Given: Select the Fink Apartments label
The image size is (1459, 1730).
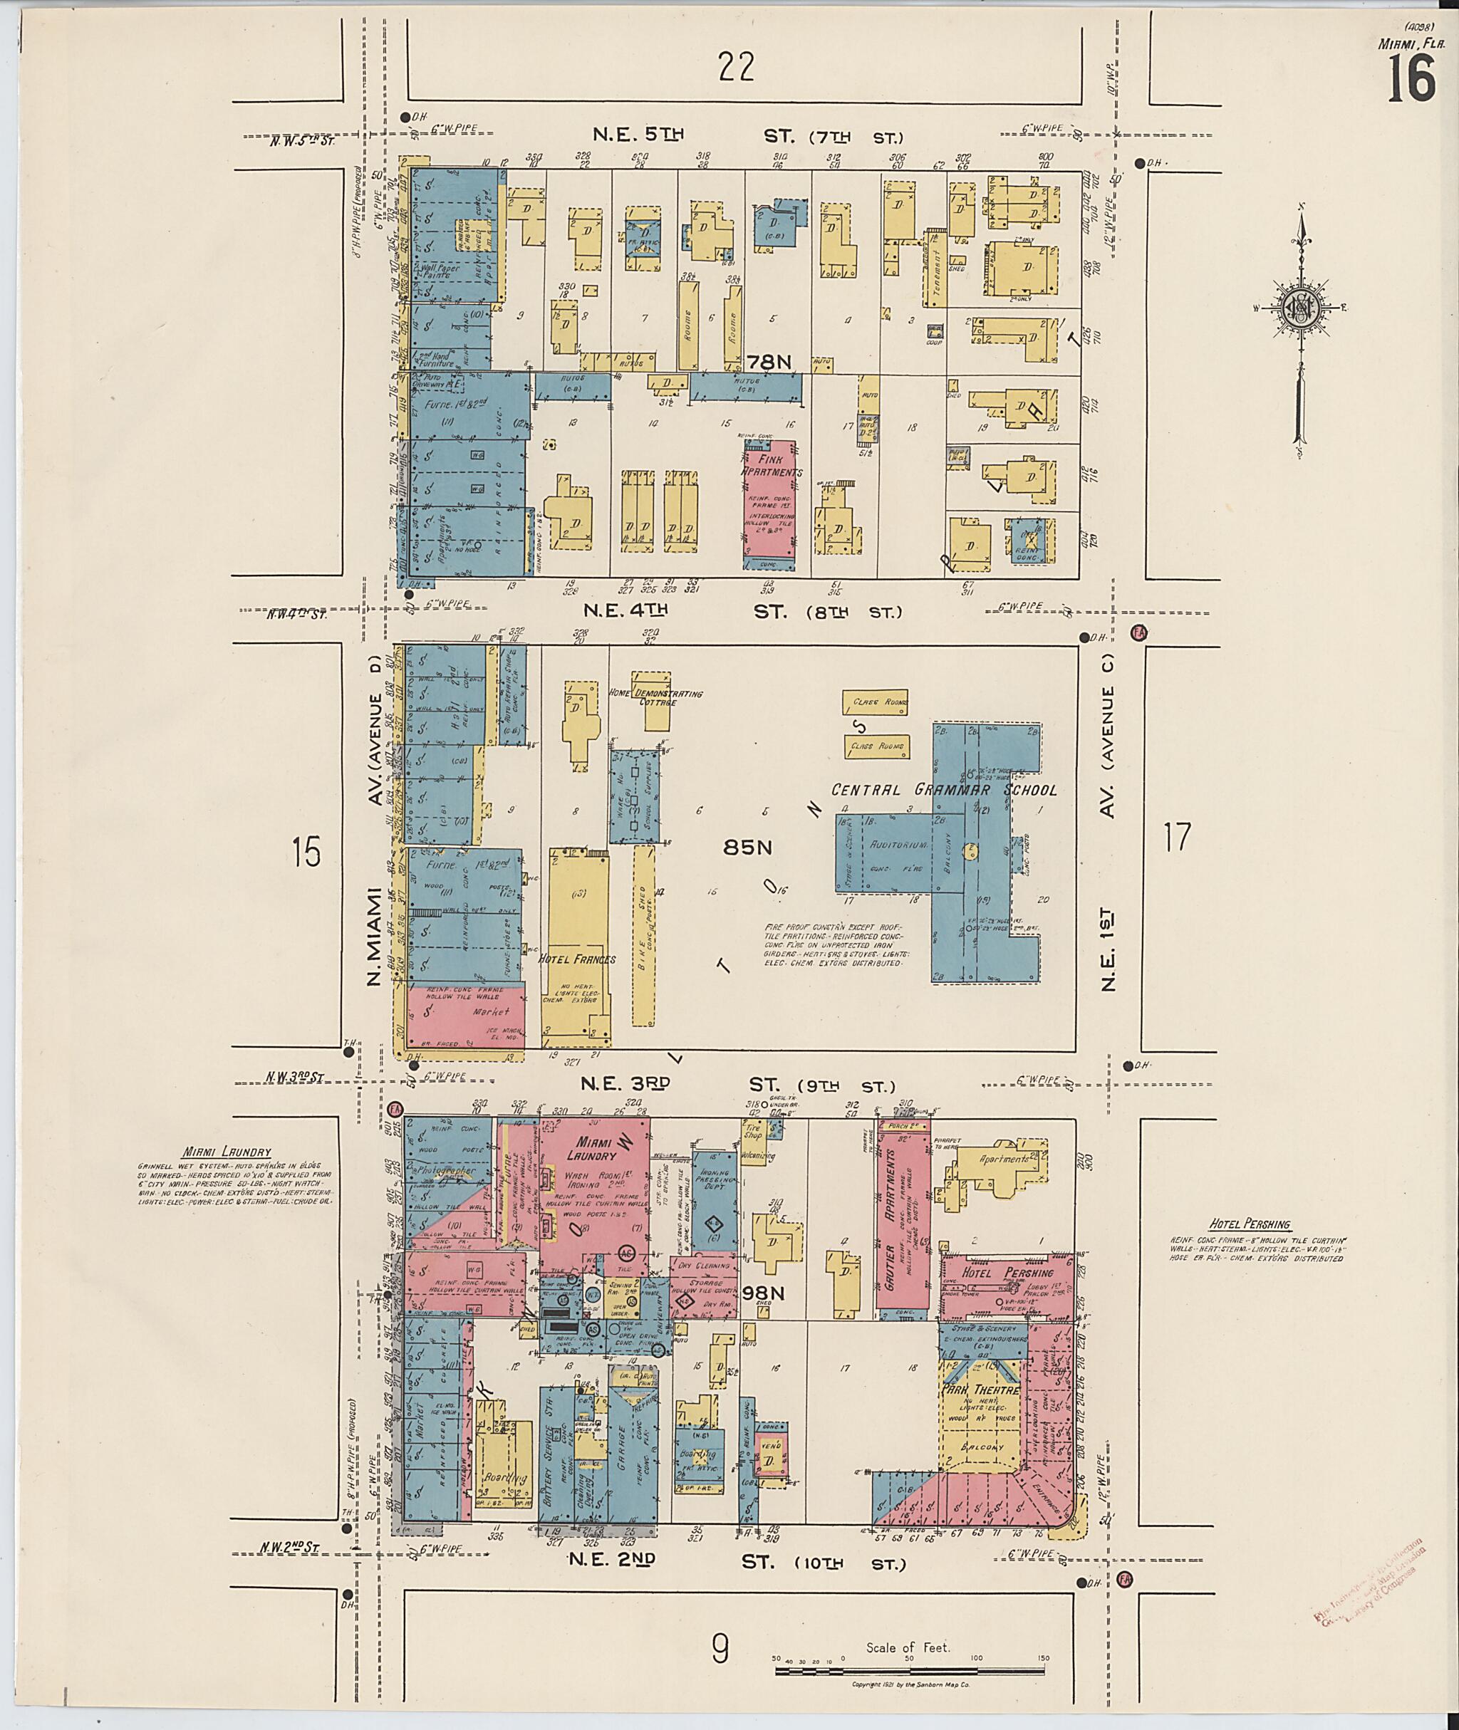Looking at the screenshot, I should point(771,466).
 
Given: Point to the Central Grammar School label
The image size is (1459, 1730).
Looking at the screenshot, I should point(944,790).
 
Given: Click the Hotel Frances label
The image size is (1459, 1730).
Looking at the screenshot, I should point(577,959).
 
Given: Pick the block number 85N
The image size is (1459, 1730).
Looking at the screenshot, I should point(747,847).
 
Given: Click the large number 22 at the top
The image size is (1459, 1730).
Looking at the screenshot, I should point(736,67).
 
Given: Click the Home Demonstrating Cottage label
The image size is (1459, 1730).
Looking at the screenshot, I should point(656,697).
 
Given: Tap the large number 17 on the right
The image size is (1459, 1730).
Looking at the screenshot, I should point(1176,838).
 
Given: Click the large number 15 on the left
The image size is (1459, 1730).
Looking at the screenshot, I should point(306,852).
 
